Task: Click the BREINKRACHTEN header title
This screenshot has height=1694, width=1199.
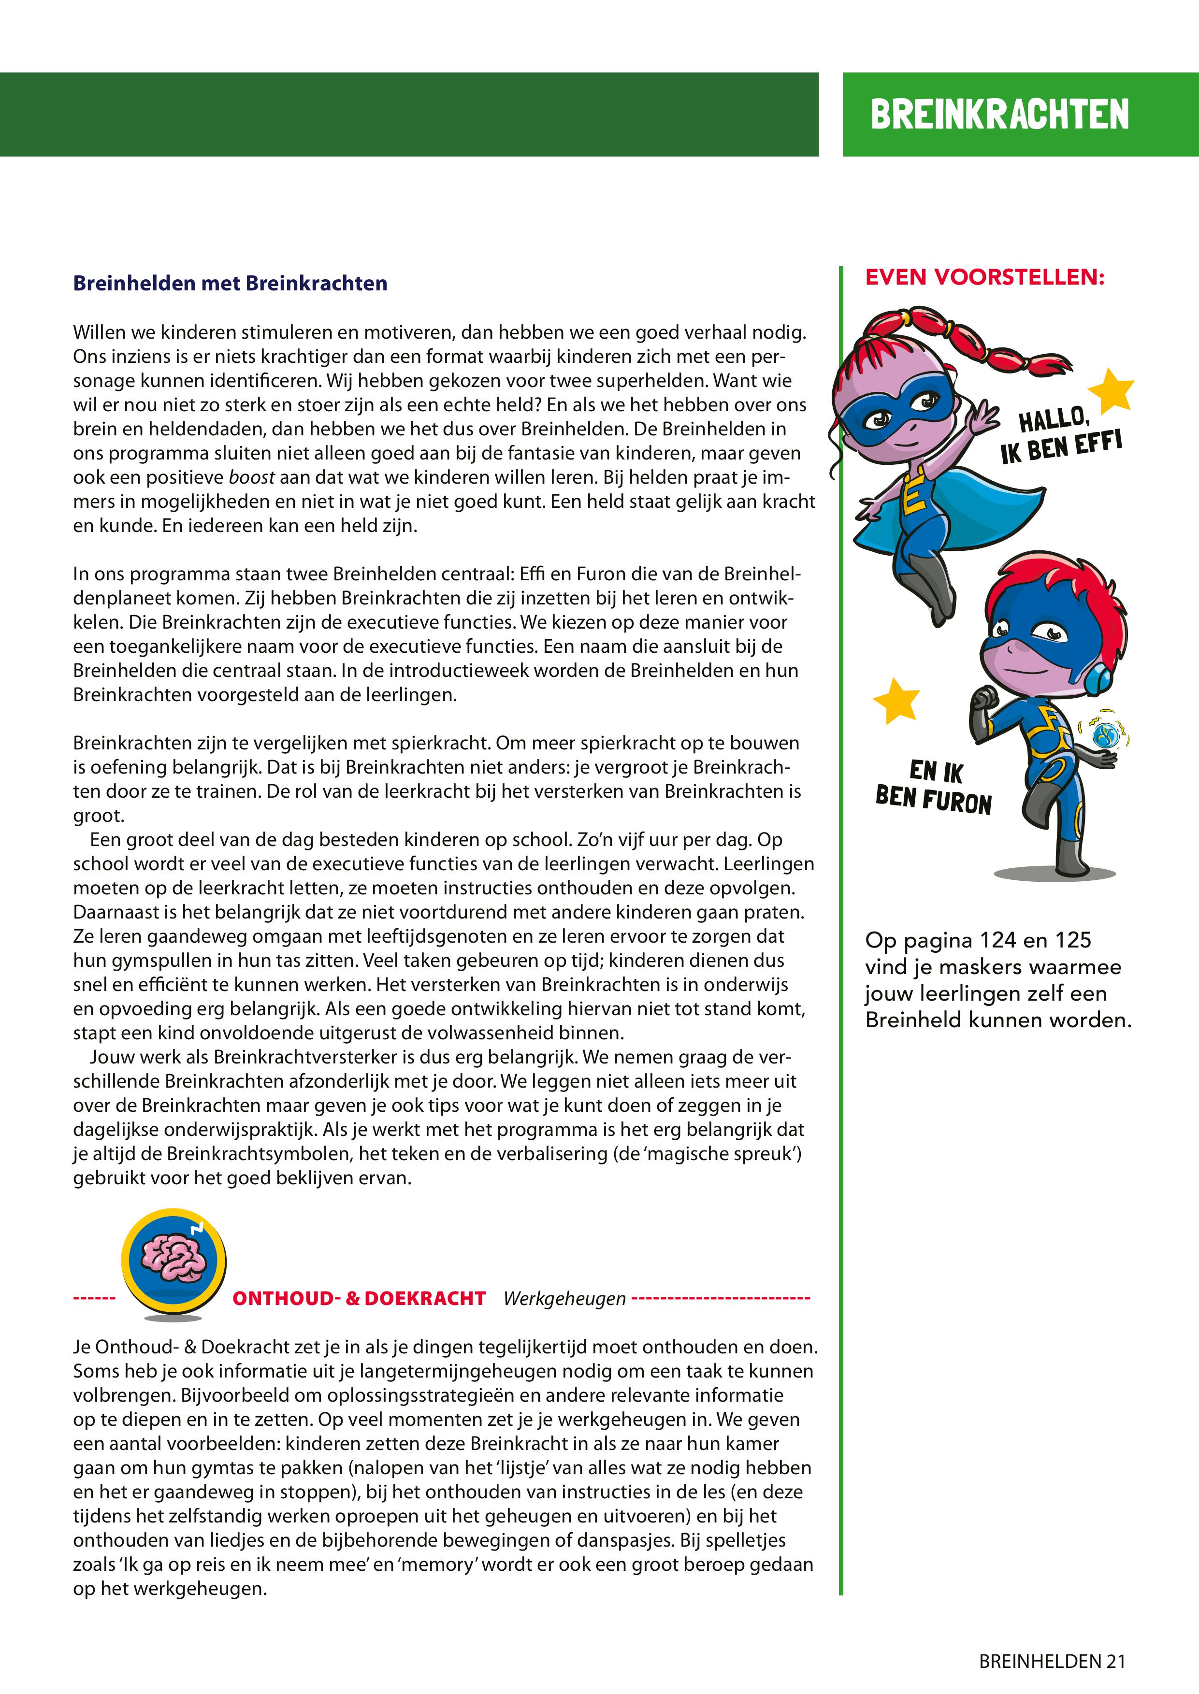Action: click(1000, 115)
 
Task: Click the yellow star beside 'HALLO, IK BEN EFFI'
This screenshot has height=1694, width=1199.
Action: click(1111, 390)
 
